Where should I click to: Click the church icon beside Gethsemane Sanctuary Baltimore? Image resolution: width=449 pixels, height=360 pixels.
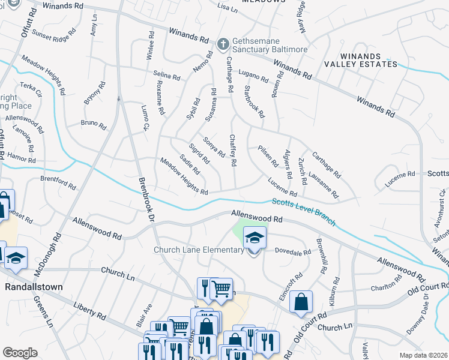click(x=223, y=44)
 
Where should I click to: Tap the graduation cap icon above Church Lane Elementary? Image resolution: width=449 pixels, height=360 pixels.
click(x=255, y=237)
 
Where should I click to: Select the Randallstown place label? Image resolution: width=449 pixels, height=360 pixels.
click(x=34, y=287)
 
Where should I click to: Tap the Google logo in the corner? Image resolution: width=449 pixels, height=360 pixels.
click(x=19, y=353)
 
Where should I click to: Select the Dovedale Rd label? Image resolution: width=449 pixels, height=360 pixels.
click(x=293, y=253)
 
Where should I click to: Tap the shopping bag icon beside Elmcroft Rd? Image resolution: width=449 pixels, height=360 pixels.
click(x=301, y=302)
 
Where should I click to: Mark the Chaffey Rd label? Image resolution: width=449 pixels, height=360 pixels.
click(x=233, y=150)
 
